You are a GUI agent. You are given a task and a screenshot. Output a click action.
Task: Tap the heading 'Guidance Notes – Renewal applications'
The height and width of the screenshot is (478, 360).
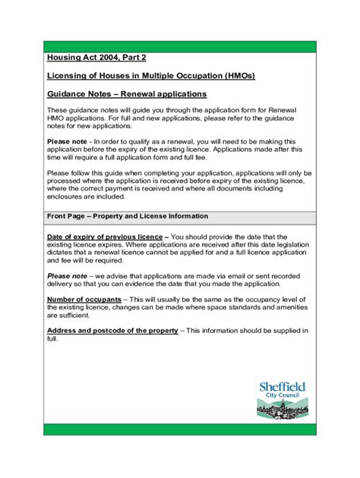(127, 94)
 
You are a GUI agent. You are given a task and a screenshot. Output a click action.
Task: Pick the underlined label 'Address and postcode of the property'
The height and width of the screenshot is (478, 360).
(112, 331)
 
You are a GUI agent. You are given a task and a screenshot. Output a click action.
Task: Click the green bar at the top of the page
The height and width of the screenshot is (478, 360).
(179, 47)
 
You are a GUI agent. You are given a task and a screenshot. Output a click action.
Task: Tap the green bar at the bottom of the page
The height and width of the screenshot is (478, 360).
(179, 429)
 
